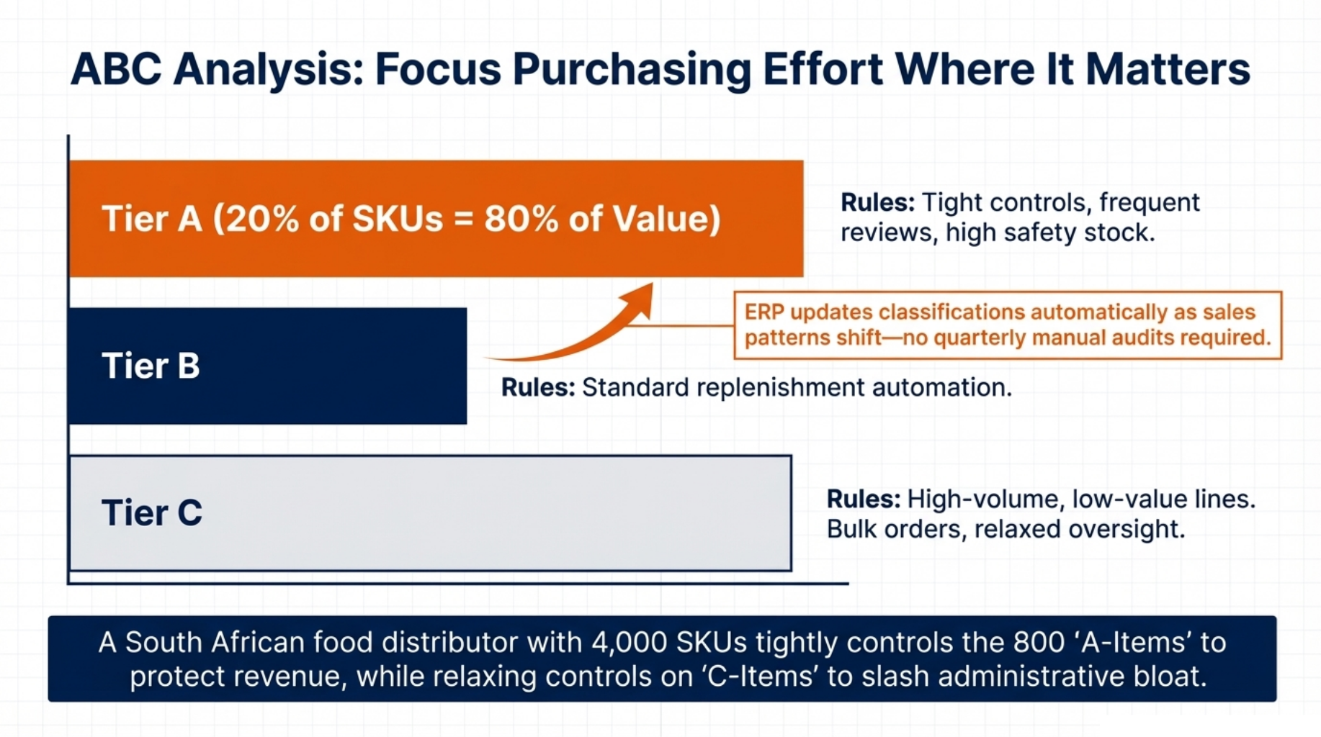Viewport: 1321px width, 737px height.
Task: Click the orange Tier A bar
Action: (436, 219)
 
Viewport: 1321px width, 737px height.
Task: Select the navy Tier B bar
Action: (268, 366)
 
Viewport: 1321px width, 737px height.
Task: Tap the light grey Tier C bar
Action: (431, 513)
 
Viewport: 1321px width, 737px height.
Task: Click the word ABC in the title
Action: (116, 70)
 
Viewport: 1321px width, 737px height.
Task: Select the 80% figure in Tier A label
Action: (521, 219)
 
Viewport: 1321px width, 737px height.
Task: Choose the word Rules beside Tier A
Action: (877, 202)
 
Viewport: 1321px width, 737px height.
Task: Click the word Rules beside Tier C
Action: (863, 499)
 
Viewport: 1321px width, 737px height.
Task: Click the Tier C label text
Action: (152, 513)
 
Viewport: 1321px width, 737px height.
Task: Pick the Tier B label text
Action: (151, 366)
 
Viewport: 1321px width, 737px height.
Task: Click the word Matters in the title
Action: (1168, 70)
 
